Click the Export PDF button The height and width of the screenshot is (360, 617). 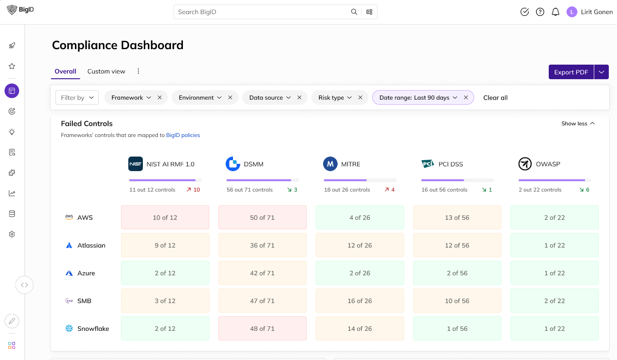[571, 72]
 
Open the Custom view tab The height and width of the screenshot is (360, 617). [106, 71]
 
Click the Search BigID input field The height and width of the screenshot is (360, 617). [262, 12]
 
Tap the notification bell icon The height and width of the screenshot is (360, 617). [555, 12]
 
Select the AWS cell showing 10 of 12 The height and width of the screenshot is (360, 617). [165, 218]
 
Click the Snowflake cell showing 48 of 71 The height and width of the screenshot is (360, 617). [262, 329]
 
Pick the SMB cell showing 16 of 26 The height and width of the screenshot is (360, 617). [359, 301]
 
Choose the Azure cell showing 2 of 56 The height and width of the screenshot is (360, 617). [457, 273]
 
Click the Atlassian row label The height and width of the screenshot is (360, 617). [91, 245]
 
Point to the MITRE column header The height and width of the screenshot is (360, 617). [350, 164]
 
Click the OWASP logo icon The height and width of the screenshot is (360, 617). [525, 164]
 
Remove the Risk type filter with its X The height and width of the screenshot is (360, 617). [360, 98]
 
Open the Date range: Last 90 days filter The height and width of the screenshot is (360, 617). [418, 98]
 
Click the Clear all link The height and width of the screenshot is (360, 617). [495, 98]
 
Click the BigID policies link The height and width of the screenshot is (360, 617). [183, 135]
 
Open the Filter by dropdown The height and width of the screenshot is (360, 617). [77, 98]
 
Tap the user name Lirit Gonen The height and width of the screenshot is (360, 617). [597, 12]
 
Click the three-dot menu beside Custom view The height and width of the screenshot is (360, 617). [138, 71]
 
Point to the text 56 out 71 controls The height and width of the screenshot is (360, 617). [249, 190]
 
